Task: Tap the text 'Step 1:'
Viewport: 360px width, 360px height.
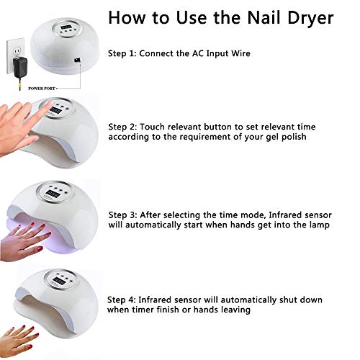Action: [x=123, y=54]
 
